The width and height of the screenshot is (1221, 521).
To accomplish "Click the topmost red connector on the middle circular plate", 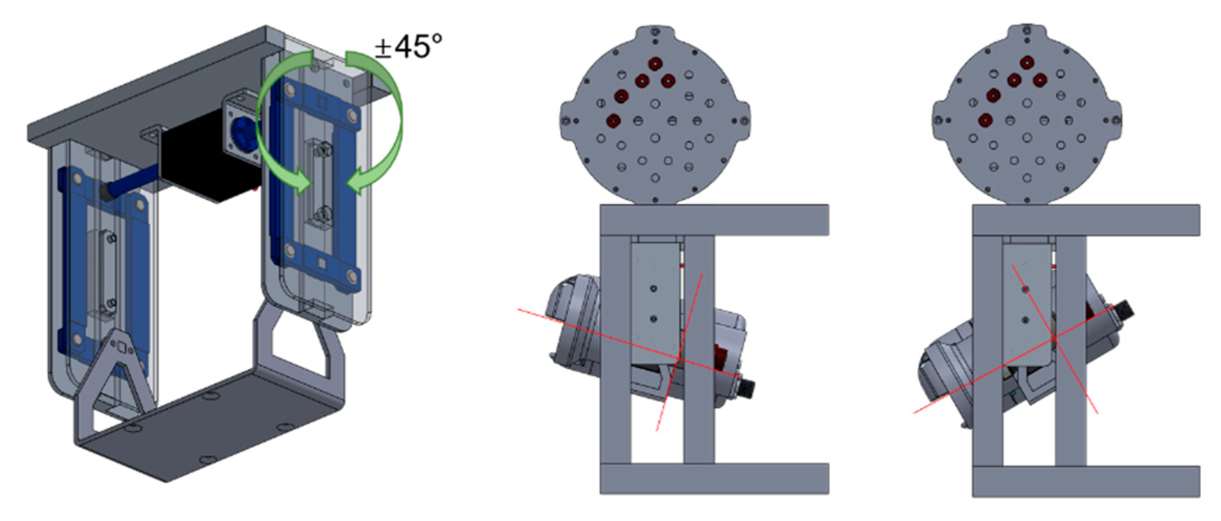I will click(x=655, y=64).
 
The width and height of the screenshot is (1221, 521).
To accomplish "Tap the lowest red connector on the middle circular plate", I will click(x=614, y=120).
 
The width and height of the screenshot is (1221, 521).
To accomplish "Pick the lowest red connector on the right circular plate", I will click(x=985, y=120).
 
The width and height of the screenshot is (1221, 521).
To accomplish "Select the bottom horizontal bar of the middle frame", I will click(x=714, y=478).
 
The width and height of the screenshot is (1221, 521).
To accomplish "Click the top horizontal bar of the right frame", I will click(x=1086, y=220).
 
